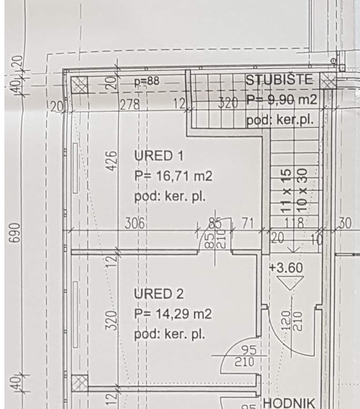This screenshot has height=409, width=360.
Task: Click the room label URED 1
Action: (159, 156)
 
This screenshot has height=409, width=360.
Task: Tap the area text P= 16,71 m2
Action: (174, 176)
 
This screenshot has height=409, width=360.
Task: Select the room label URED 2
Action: (159, 294)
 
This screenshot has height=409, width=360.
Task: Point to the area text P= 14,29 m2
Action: (173, 314)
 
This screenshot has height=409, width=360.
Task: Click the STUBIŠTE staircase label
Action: (279, 80)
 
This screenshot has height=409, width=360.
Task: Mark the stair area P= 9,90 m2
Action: (282, 99)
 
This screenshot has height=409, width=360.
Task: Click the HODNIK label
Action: (289, 403)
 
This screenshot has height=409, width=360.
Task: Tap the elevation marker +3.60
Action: (286, 268)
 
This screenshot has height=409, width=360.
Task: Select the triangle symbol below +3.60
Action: (290, 284)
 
